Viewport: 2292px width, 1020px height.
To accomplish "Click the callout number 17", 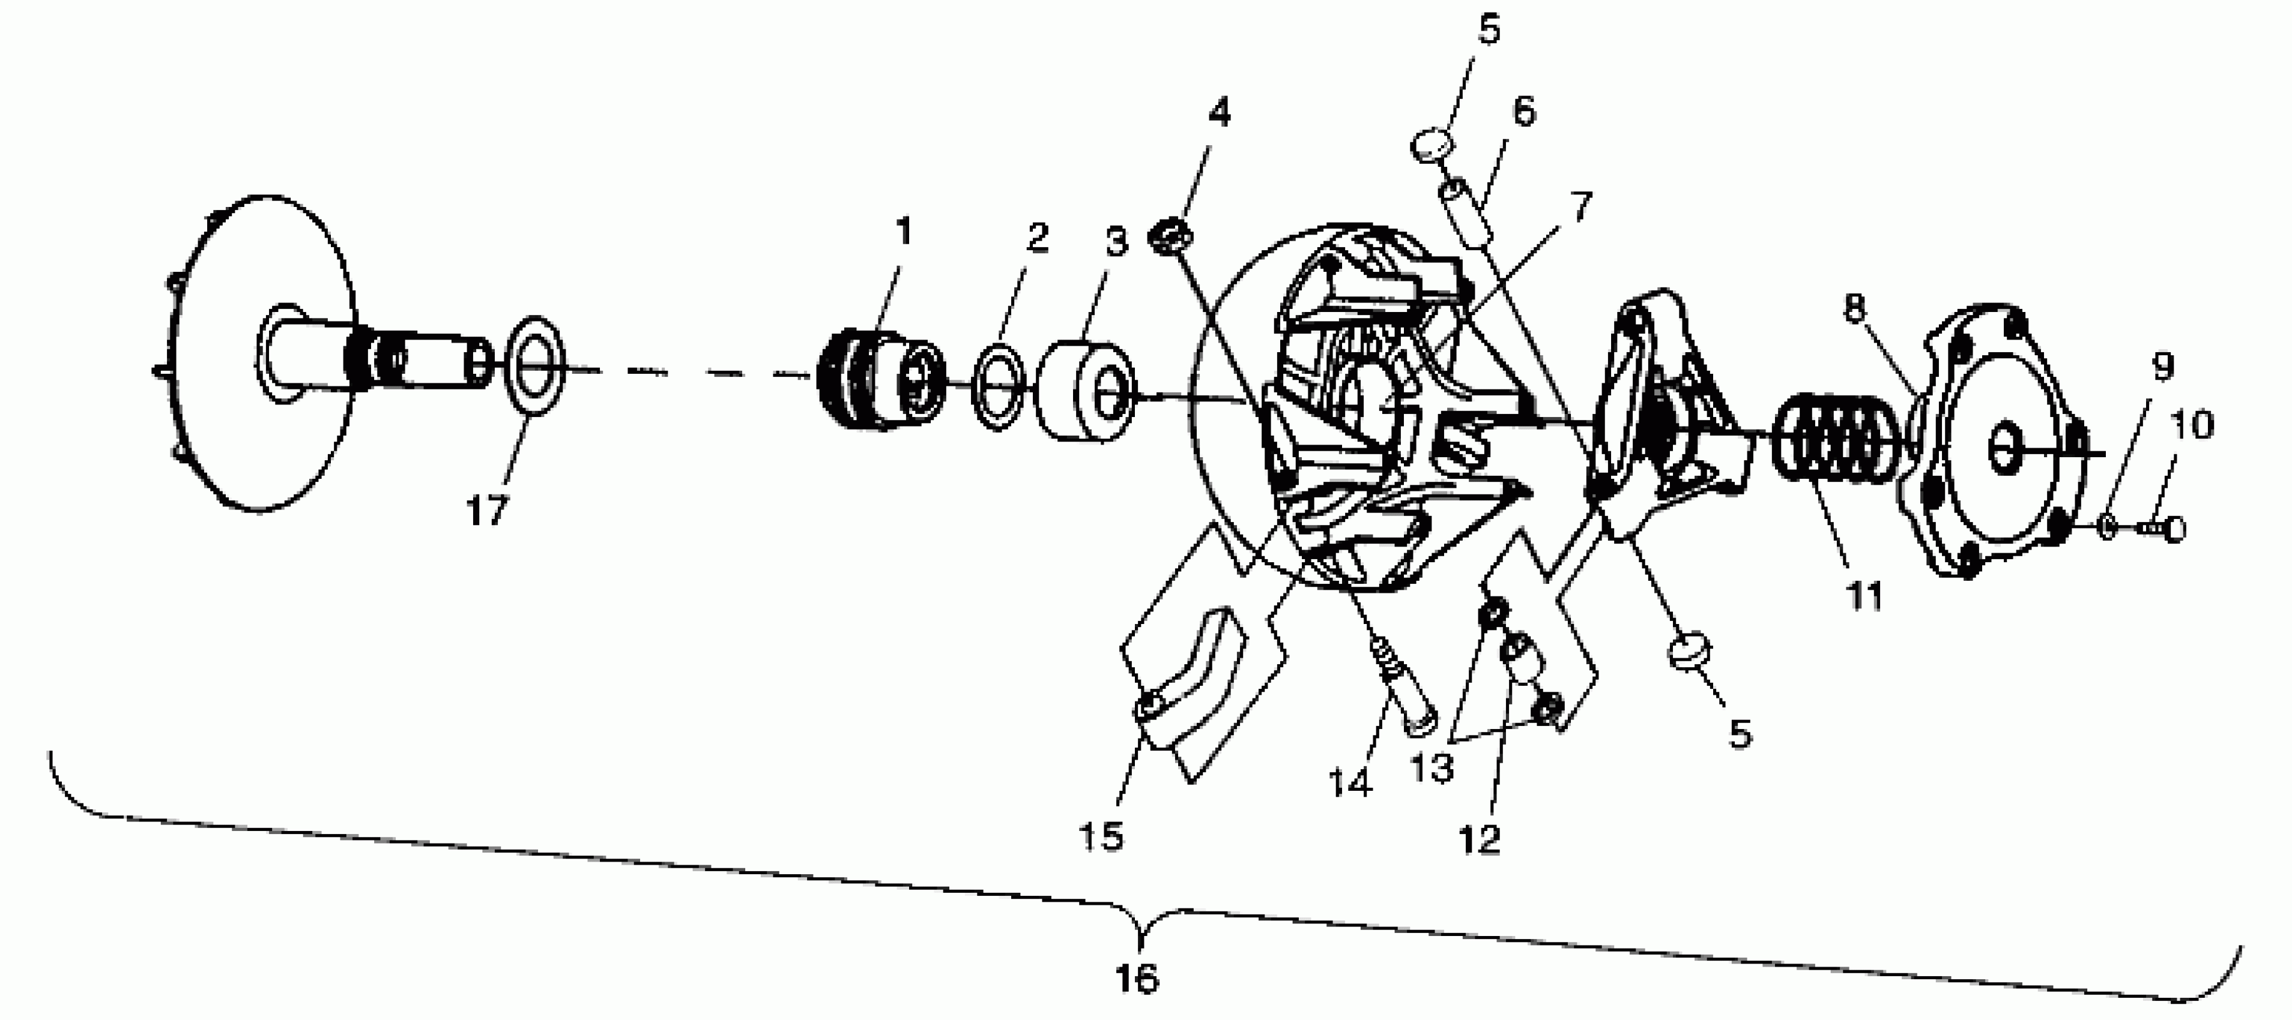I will point(487,511).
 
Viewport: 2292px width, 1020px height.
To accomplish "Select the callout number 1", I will point(904,232).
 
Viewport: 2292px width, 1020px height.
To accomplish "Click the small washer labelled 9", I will point(2108,526).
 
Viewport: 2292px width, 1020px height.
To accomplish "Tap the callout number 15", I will point(1101,836).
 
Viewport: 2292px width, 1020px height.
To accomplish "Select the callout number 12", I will point(1480,839).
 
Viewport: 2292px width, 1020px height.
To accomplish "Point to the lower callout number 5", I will point(1740,734).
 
